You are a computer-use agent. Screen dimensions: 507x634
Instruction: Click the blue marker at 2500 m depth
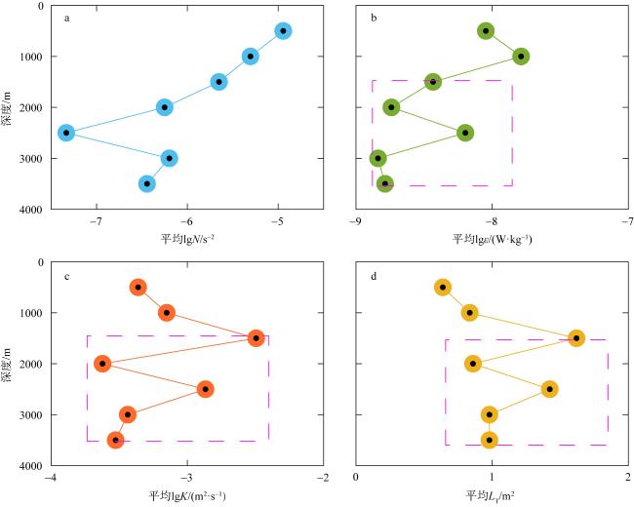(66, 133)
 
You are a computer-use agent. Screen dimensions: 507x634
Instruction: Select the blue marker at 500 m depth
(283, 30)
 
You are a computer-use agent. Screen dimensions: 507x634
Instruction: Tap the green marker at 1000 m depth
(522, 57)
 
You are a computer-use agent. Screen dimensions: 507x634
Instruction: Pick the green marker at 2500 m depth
(465, 133)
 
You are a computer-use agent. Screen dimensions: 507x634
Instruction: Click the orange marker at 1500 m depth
(256, 338)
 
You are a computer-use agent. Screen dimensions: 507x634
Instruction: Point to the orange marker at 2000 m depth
(102, 364)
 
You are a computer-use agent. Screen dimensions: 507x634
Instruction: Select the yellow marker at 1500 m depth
(576, 338)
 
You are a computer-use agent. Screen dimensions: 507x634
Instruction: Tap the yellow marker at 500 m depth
(443, 288)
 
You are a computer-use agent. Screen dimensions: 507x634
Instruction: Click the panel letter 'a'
(66, 18)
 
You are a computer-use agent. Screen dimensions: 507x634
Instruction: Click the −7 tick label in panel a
(96, 221)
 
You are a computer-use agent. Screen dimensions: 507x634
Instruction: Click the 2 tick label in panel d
(626, 479)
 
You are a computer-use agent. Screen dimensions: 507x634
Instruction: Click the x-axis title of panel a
(187, 238)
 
